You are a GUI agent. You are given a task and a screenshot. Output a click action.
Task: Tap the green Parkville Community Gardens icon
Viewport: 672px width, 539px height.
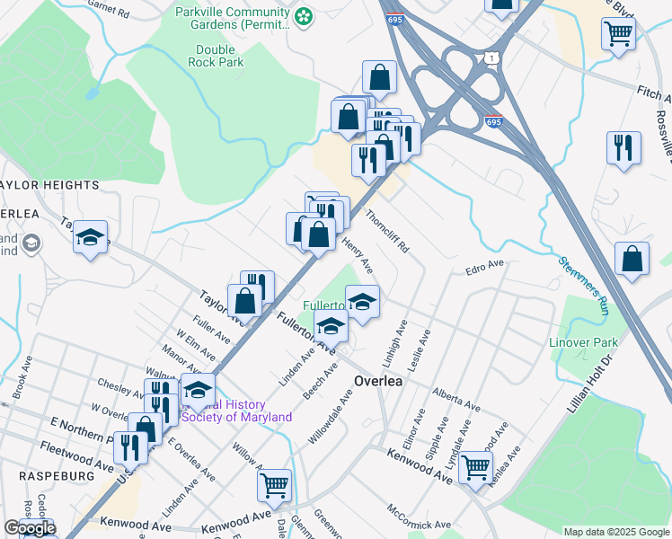305,15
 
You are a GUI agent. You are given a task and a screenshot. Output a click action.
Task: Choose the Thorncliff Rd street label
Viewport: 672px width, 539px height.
388,231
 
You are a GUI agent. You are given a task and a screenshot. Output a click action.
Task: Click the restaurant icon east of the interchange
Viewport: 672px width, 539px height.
623,146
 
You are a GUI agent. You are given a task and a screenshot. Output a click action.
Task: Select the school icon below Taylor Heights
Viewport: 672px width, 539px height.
90,237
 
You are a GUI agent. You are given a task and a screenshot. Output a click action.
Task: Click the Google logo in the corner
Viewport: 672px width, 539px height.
30,528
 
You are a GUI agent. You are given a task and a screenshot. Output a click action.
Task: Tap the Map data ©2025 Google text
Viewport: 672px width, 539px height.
616,532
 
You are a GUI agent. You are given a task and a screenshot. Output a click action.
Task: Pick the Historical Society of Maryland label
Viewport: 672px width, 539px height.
238,411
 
